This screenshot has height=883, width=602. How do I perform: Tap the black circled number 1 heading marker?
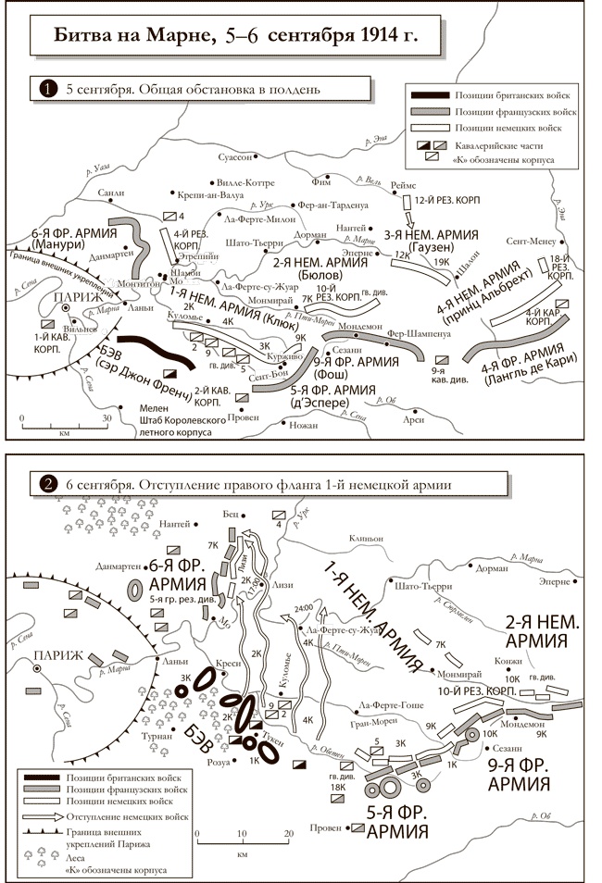pos(44,90)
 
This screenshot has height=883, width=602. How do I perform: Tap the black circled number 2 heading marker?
pos(44,483)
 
